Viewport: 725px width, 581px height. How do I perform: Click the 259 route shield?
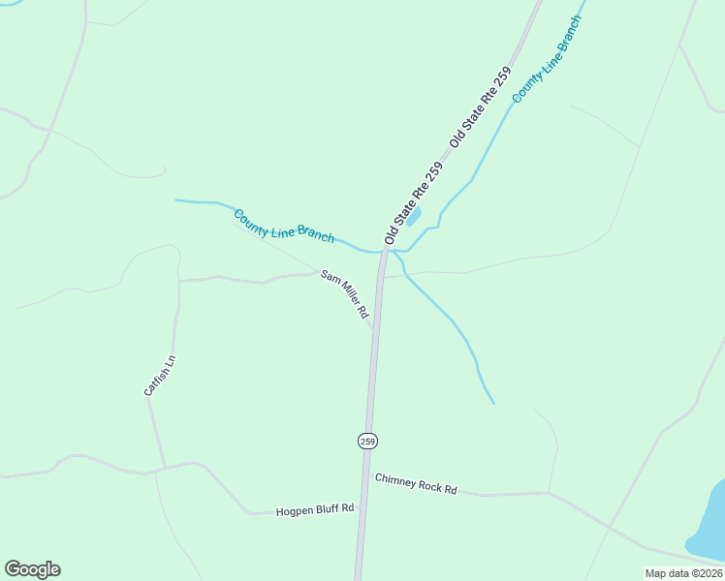click(x=367, y=441)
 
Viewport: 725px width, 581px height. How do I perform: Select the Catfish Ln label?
click(x=159, y=376)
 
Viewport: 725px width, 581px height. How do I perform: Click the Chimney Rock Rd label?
click(x=416, y=483)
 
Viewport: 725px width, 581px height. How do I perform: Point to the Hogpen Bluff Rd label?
click(x=315, y=509)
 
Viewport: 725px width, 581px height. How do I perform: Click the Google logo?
click(x=32, y=569)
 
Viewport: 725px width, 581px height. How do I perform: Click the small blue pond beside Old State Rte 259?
click(x=414, y=216)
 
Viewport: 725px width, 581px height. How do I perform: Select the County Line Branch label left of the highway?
click(x=284, y=226)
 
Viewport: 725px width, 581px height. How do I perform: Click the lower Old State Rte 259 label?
click(x=413, y=202)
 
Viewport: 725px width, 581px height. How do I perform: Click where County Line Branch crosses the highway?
click(x=384, y=251)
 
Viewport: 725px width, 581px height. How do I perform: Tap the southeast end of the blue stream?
click(x=493, y=403)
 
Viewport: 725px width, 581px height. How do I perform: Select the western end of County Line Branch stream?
click(x=176, y=200)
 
